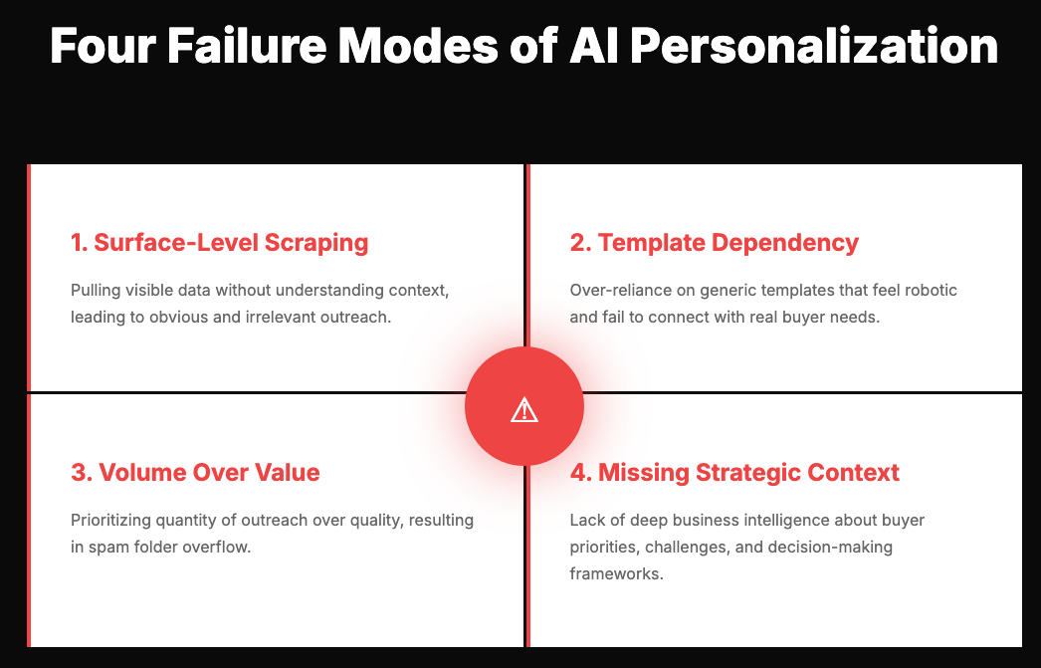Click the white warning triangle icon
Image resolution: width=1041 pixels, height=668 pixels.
pos(524,409)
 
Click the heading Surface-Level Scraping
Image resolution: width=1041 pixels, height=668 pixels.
pos(219,243)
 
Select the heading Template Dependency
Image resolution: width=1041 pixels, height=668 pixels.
pos(714,243)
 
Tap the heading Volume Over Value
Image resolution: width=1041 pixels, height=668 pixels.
pos(195,472)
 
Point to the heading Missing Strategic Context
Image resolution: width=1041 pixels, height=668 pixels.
pos(734,472)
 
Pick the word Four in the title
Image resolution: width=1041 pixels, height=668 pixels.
pos(101,46)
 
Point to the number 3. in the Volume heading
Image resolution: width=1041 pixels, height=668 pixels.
pos(80,472)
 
